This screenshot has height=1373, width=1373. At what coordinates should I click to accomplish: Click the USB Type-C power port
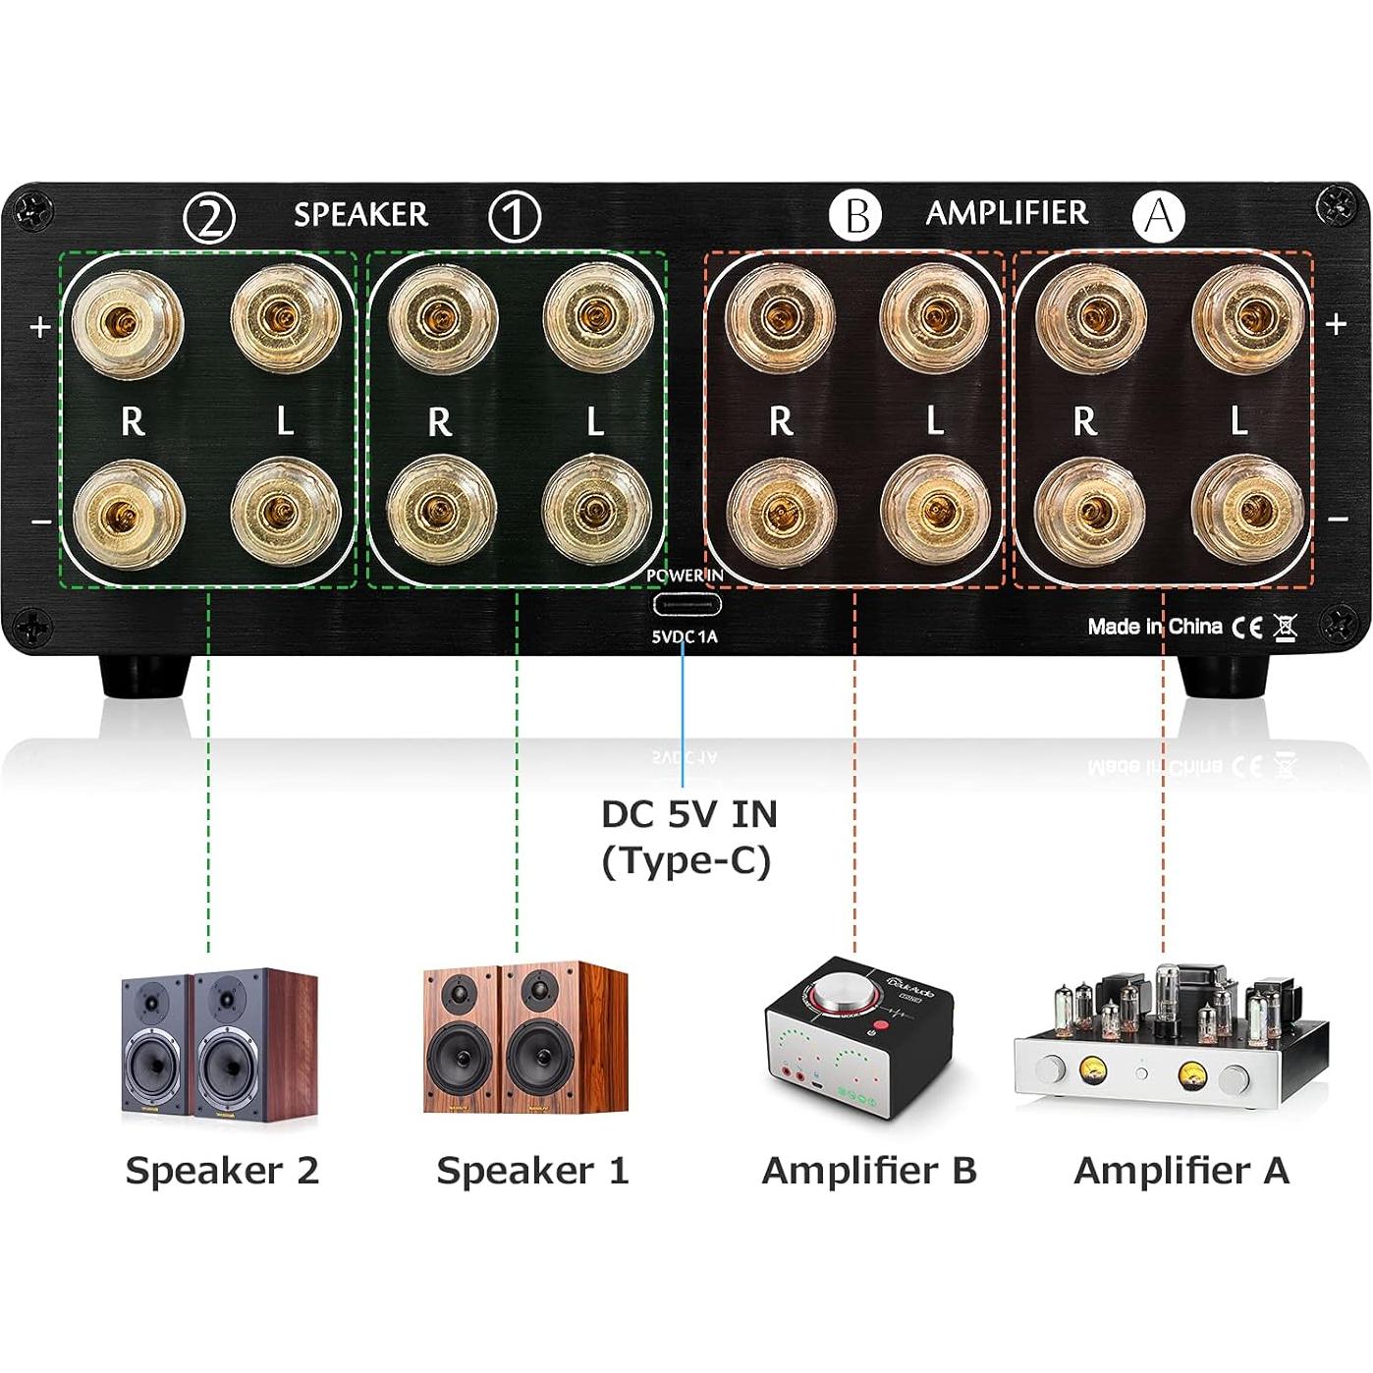pos(685,604)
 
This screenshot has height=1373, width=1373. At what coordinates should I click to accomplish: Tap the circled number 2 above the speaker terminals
pos(209,217)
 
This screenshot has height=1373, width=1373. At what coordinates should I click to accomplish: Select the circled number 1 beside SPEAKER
pos(515,216)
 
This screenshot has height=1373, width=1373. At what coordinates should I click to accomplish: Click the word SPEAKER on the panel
pos(360,214)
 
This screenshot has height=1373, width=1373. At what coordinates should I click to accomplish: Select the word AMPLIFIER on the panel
pos(1007,213)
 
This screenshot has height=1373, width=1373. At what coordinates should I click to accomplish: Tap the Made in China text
pos(1154,627)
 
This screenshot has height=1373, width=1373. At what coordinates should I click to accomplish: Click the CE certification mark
pos(1247,627)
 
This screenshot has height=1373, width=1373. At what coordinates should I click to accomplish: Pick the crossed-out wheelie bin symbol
pos(1285,626)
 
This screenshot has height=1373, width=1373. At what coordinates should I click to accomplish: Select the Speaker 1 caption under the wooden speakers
pos(532,1171)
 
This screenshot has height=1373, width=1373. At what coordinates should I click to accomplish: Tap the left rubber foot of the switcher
pos(143,675)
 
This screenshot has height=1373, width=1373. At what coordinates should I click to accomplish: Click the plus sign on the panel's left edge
pos(40,326)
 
